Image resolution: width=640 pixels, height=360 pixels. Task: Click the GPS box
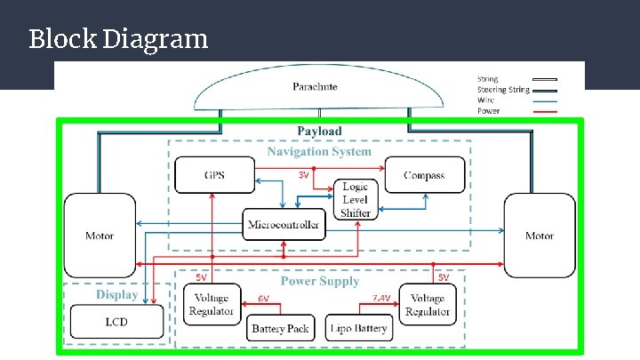[x=215, y=175]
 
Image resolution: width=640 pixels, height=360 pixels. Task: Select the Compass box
[x=425, y=175]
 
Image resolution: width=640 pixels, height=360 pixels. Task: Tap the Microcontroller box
[x=284, y=224]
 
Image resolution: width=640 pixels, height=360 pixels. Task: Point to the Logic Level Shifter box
[x=356, y=200]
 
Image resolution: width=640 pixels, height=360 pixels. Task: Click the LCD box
[x=116, y=322]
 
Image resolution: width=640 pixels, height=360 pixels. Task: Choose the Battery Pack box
[x=280, y=328]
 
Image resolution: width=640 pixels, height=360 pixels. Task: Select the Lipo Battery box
[x=359, y=328]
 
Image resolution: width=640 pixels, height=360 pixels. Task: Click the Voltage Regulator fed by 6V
[x=212, y=304]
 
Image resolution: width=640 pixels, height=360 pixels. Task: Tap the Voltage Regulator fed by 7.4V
[x=428, y=305]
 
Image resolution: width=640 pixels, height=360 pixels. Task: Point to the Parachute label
[x=315, y=86]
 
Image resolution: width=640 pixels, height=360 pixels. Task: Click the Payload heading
[x=319, y=131]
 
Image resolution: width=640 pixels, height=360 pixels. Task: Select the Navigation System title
[x=319, y=152]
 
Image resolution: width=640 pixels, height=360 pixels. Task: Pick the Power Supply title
[x=320, y=281]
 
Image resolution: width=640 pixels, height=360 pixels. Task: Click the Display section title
[x=117, y=295]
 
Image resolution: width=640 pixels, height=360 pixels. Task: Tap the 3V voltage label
[x=303, y=175]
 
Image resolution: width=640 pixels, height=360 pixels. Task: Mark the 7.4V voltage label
[x=381, y=299]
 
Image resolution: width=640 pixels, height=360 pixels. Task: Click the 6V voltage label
[x=264, y=299]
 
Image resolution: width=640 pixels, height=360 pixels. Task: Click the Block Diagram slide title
[x=118, y=39]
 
